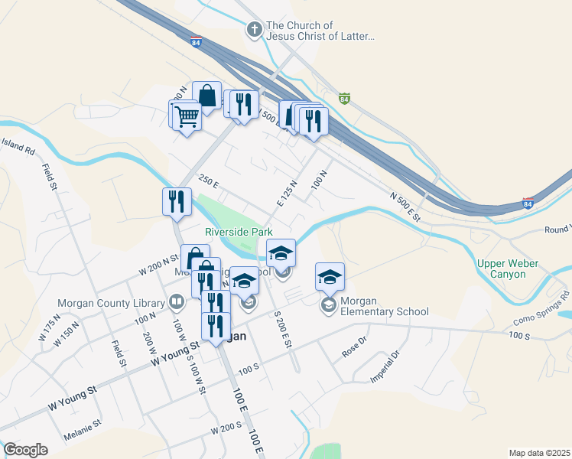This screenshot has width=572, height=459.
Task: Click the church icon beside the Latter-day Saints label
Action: point(254,31)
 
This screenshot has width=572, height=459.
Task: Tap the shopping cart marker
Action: point(187,117)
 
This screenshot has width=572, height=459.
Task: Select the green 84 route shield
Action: point(344,99)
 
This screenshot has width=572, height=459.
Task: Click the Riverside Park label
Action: point(238,232)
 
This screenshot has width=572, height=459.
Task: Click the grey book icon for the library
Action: point(177,301)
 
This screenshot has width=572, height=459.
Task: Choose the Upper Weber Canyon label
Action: point(507,269)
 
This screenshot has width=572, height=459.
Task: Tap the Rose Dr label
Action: point(351,350)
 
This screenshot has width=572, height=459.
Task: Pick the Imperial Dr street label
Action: point(384,366)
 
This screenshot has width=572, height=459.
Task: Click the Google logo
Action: point(25,450)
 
